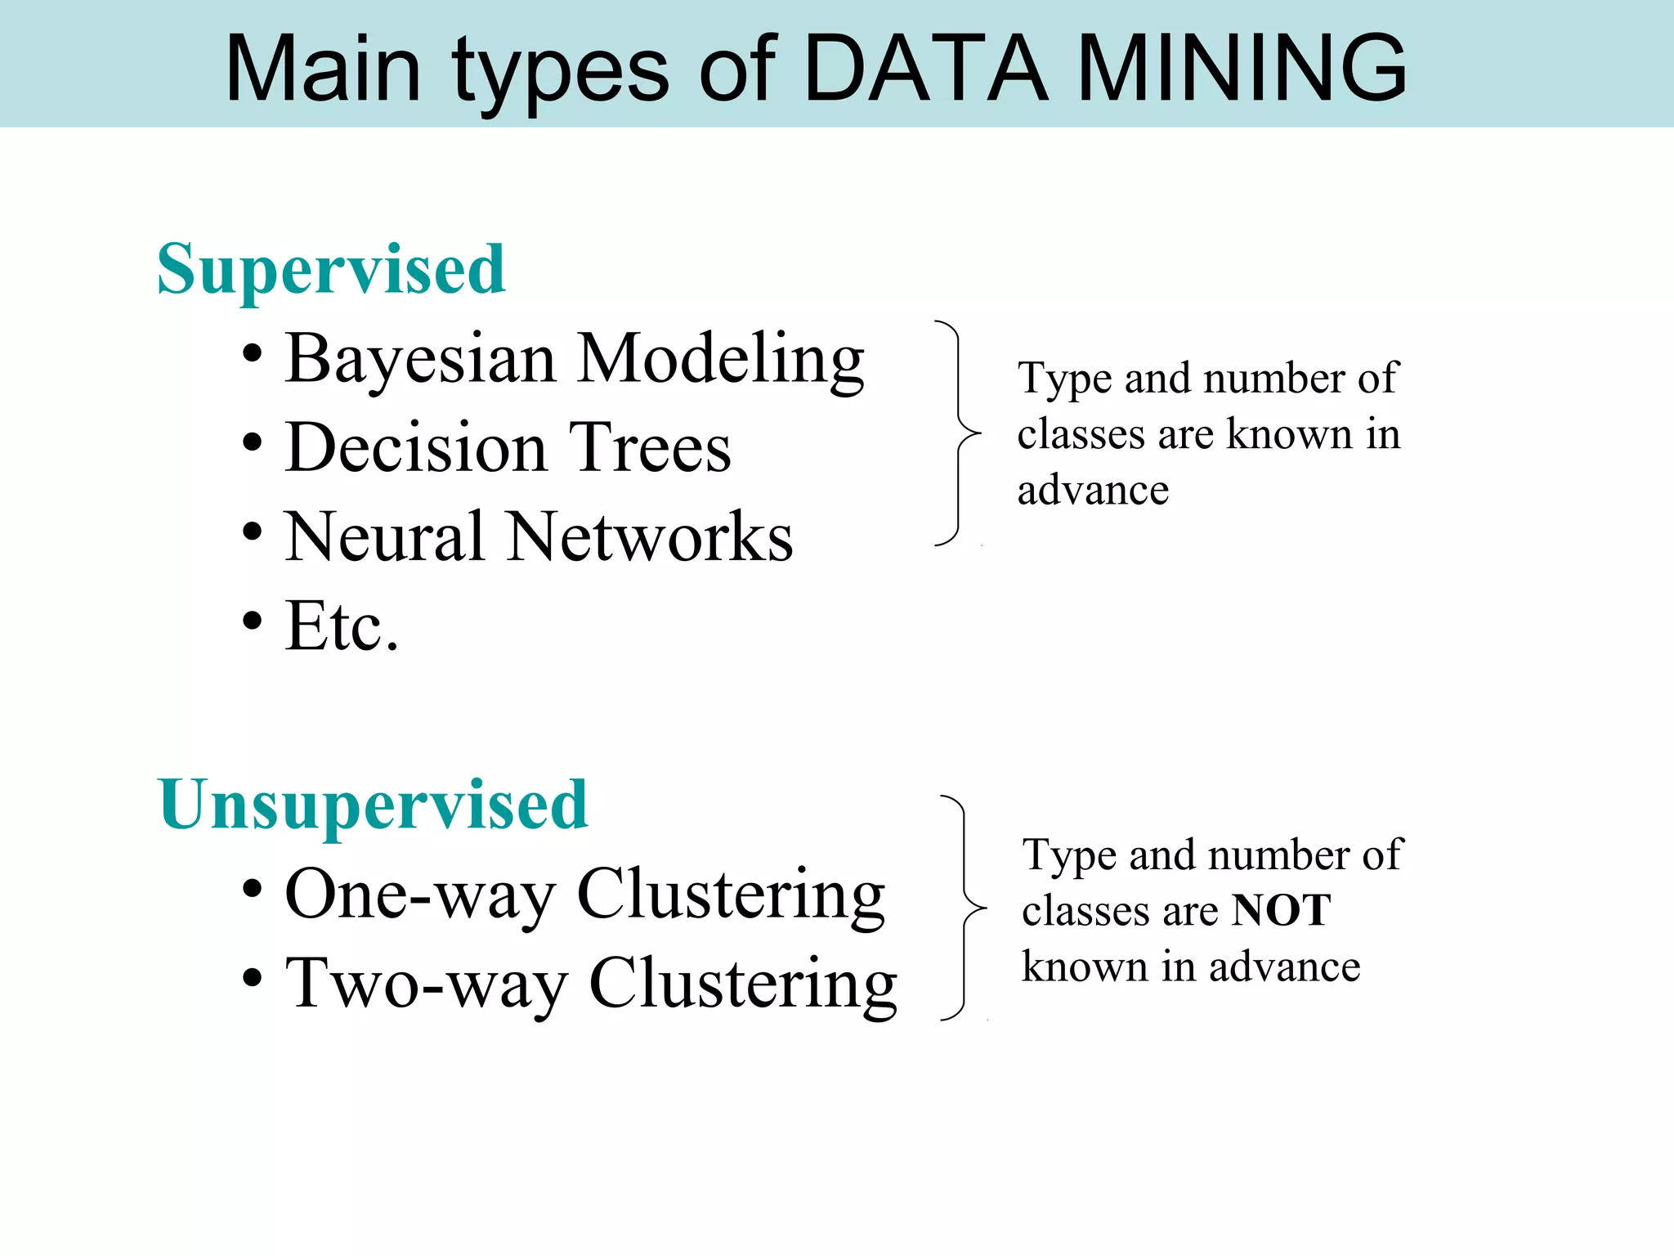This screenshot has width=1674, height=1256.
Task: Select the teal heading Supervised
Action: [331, 270]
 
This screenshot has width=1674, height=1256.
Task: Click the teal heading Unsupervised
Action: [373, 805]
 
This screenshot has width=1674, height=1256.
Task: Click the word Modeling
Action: [721, 360]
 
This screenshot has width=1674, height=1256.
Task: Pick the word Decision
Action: [415, 448]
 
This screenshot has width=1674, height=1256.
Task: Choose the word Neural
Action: [384, 537]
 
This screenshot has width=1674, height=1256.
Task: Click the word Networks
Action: [650, 537]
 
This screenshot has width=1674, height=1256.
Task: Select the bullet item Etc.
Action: [342, 626]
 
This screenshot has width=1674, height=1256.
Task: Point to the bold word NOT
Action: [1282, 911]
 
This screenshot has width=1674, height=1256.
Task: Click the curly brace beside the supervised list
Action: [958, 433]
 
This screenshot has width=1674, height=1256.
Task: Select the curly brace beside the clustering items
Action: [965, 908]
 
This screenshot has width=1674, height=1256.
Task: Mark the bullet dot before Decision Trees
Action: [253, 443]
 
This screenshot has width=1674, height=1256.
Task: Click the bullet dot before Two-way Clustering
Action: [253, 977]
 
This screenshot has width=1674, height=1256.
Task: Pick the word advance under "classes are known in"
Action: [1093, 491]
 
